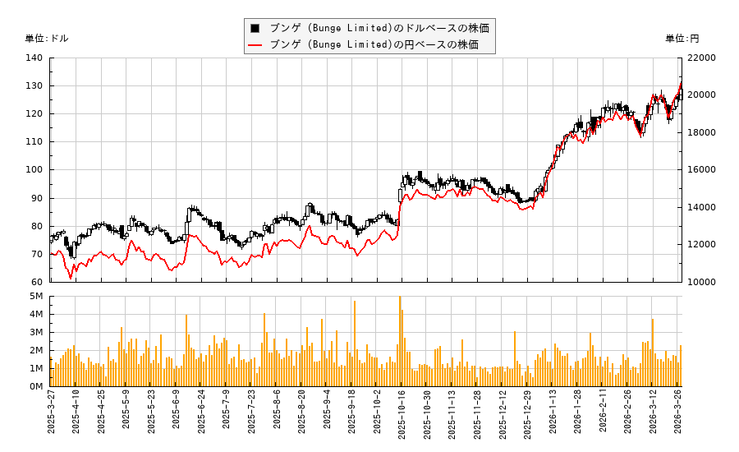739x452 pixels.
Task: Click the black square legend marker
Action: tap(255, 28)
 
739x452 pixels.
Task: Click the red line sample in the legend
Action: tap(255, 44)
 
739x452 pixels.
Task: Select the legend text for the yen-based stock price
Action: tap(374, 44)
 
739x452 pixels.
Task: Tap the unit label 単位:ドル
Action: tap(47, 39)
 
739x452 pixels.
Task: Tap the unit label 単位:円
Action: tap(682, 39)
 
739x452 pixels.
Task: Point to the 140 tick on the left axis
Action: tap(34, 58)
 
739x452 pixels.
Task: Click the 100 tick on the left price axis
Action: tap(34, 170)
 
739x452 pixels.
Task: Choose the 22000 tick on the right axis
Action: tap(702, 58)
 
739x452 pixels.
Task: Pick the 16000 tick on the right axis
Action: tap(702, 170)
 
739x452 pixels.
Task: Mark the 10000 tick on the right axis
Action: tap(702, 282)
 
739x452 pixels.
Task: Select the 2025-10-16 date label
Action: tap(402, 418)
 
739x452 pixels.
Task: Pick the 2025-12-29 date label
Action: tap(527, 418)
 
